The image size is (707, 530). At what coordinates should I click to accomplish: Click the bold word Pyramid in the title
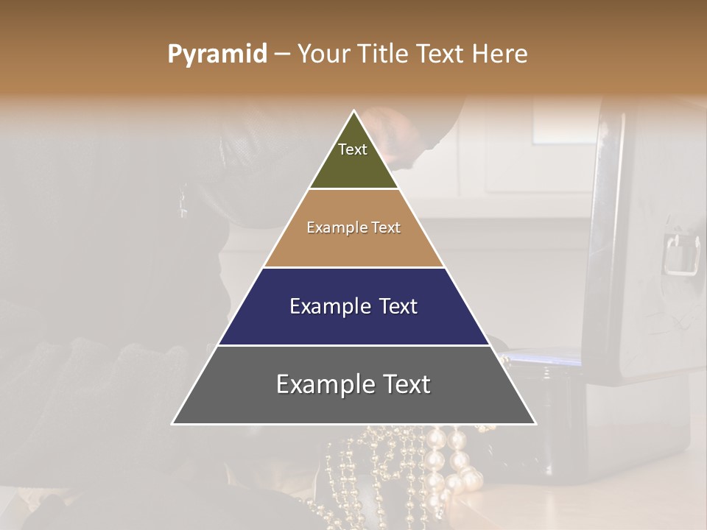[x=217, y=54]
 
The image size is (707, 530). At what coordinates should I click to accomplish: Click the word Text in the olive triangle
[x=353, y=149]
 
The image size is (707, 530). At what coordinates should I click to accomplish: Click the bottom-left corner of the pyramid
[x=172, y=424]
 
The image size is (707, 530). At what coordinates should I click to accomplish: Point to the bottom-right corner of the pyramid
[x=535, y=424]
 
